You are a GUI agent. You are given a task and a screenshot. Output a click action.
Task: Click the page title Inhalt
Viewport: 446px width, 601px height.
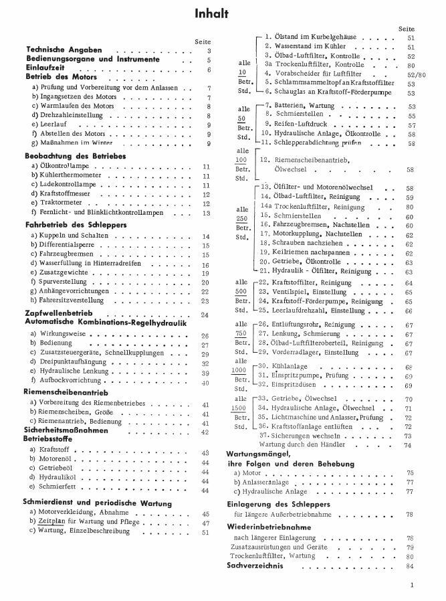pyautogui.click(x=212, y=13)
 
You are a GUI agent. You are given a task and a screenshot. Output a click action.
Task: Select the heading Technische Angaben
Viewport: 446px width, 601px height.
pyautogui.click(x=64, y=50)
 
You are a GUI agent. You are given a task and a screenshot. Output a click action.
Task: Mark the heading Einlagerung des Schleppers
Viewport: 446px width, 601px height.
pyautogui.click(x=284, y=503)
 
